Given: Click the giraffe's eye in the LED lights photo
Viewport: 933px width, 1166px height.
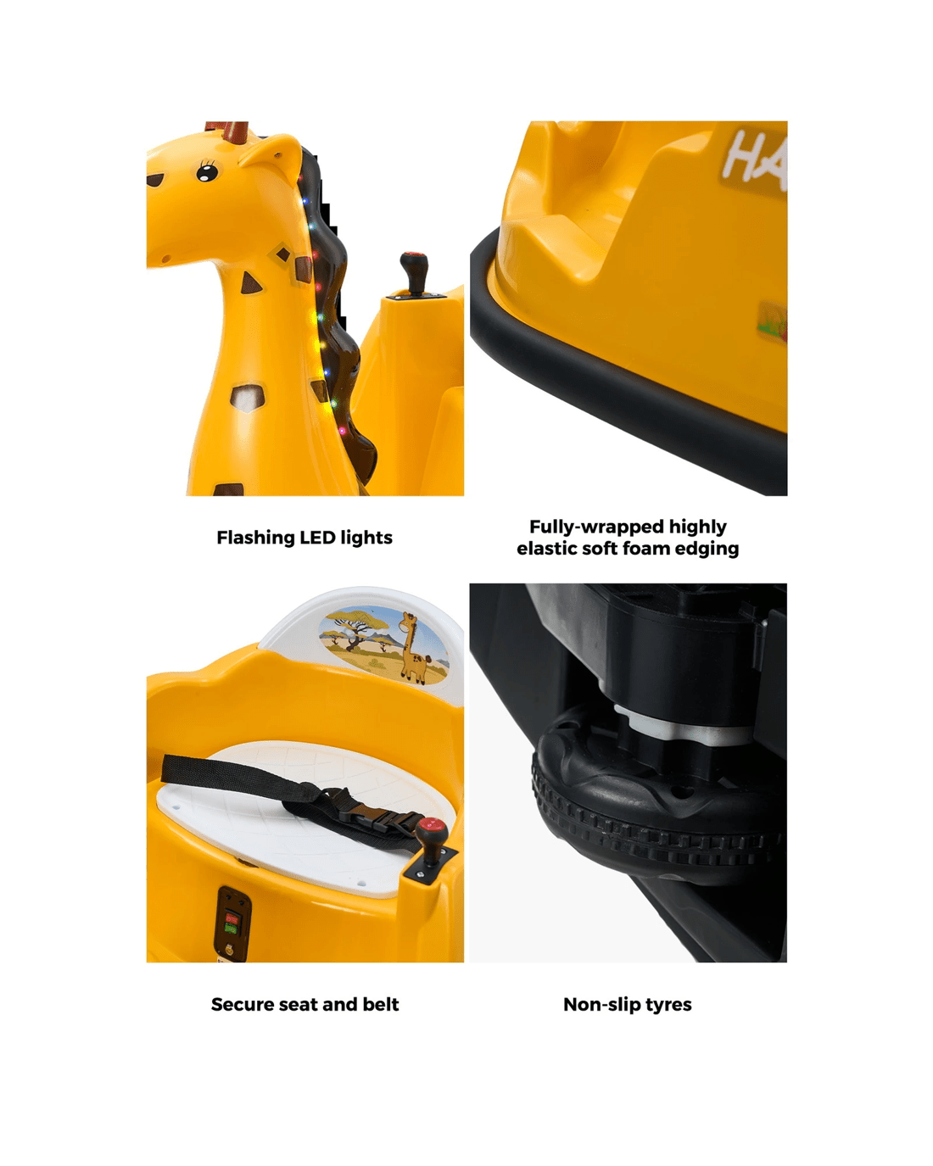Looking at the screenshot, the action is [x=207, y=173].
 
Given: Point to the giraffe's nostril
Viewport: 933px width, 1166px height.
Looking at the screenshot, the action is [x=165, y=259].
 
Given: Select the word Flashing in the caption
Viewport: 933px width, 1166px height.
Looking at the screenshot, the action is [x=255, y=538].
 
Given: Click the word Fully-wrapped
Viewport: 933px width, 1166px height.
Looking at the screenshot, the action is [x=596, y=527].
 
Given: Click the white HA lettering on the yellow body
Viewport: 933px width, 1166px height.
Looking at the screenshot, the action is [x=755, y=157].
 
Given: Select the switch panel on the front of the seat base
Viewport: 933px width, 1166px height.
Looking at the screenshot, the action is [x=233, y=923].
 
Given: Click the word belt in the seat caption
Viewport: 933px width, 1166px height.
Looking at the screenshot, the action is [x=381, y=1004].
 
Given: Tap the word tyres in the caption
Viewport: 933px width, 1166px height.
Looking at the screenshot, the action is [x=667, y=1005].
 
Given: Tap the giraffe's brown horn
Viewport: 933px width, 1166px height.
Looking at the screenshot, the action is [x=237, y=131].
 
